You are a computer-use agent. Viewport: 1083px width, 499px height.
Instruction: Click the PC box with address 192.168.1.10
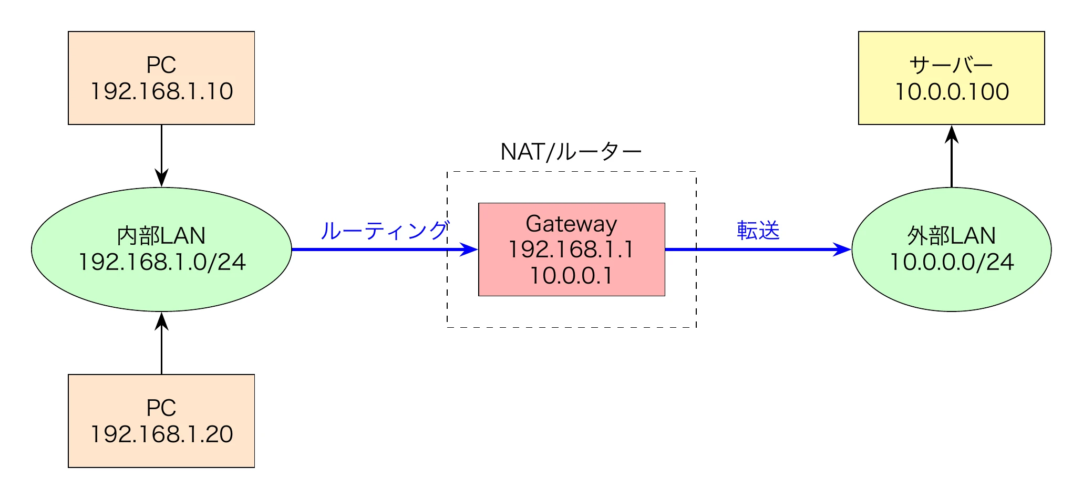(x=161, y=78)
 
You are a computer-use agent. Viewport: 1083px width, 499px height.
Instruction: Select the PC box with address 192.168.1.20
(x=161, y=421)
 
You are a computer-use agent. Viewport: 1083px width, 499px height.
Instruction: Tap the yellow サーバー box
(x=951, y=78)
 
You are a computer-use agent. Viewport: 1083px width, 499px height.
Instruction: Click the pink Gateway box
(x=571, y=250)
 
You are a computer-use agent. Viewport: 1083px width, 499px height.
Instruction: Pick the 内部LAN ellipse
(x=161, y=250)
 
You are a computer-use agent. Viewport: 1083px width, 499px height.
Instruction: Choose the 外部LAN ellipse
(x=951, y=250)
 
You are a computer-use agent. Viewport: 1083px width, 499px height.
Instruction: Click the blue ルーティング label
(x=384, y=231)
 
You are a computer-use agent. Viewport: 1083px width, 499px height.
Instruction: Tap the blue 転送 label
(x=758, y=231)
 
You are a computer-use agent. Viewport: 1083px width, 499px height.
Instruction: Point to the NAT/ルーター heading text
(x=571, y=152)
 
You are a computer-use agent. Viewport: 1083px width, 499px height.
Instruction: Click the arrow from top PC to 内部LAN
(x=161, y=155)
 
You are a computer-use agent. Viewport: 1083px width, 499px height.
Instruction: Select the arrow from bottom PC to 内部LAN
(x=161, y=344)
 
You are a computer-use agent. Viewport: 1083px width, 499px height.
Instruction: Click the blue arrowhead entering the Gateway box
(x=469, y=250)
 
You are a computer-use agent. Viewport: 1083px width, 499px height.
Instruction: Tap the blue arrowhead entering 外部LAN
(x=842, y=250)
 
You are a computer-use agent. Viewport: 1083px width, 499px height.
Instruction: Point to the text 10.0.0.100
(x=952, y=92)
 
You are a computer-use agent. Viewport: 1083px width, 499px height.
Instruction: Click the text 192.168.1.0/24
(x=162, y=262)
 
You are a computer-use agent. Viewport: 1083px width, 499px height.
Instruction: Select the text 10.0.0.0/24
(x=952, y=262)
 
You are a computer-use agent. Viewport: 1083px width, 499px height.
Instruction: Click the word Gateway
(x=571, y=224)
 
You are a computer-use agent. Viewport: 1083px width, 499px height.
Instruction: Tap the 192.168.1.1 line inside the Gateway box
(x=571, y=250)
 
